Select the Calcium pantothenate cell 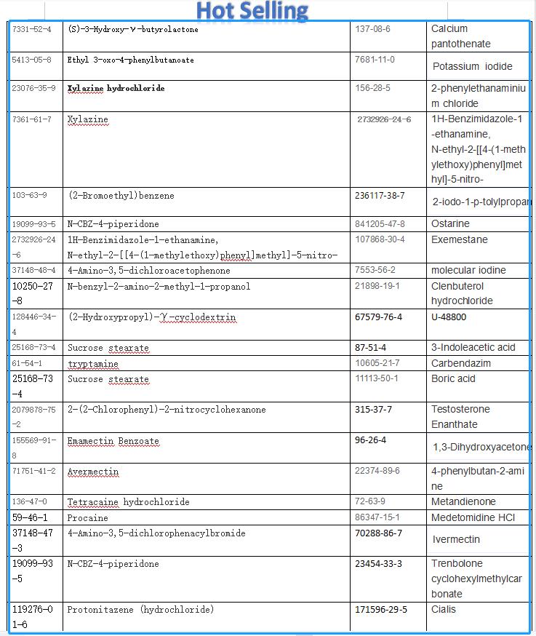click(x=460, y=36)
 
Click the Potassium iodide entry click(x=472, y=66)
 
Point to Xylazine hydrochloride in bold click(x=116, y=88)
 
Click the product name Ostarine click(x=450, y=223)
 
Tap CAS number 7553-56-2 click(x=375, y=270)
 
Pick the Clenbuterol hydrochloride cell click(x=462, y=293)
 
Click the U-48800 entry click(x=449, y=317)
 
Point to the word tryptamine click(x=93, y=364)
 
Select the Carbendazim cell click(x=460, y=363)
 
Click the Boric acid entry click(x=453, y=378)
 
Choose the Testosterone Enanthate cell click(x=460, y=416)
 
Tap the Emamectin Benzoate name click(x=113, y=441)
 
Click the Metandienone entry click(x=463, y=501)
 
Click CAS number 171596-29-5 click(x=381, y=609)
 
